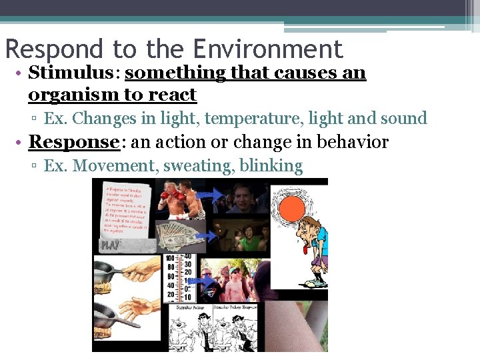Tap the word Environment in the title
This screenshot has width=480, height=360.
click(x=268, y=49)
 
